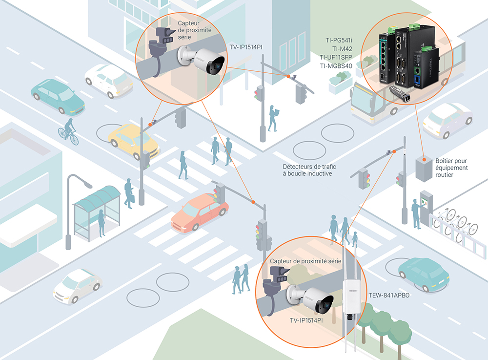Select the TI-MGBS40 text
(x=336, y=66)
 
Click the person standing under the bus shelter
(x=102, y=222)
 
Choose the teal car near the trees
(x=423, y=274)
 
